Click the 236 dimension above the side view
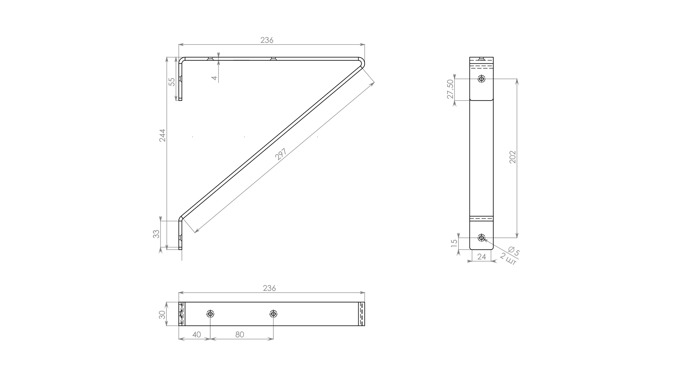[267, 40]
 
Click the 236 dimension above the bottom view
[269, 288]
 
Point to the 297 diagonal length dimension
[281, 154]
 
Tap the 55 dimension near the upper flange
[172, 82]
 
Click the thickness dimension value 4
[215, 78]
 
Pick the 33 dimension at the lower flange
[156, 234]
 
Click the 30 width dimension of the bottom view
[162, 315]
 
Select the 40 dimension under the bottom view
[197, 335]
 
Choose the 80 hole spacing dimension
[239, 335]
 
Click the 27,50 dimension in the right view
[450, 89]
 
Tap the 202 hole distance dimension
[512, 157]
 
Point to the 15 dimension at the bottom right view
[454, 242]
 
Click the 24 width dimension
[482, 257]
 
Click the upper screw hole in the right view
[482, 79]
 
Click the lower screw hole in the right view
[482, 238]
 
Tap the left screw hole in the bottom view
[210, 314]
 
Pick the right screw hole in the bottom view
[273, 314]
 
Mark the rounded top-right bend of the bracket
[362, 61]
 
